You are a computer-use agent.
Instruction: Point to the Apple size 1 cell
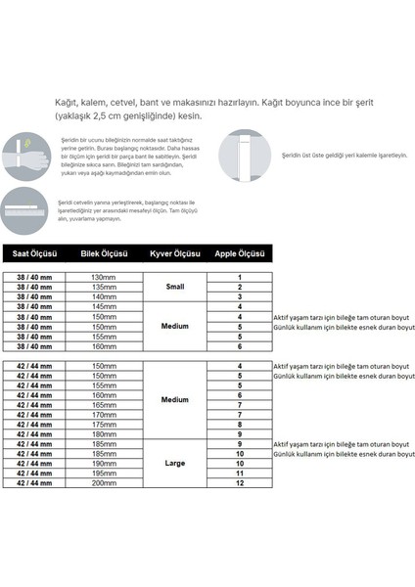coord(240,278)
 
